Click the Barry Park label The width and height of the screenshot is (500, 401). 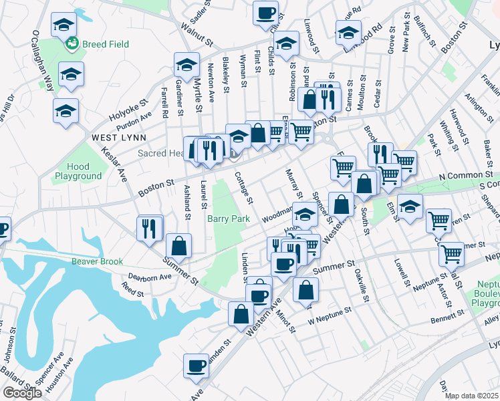pyautogui.click(x=228, y=219)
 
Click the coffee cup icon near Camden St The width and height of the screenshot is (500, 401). pyautogui.click(x=197, y=365)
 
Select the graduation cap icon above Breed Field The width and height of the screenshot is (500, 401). pyautogui.click(x=64, y=25)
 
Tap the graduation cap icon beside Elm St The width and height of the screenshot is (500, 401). pyautogui.click(x=410, y=205)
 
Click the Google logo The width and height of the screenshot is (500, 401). pyautogui.click(x=22, y=393)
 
